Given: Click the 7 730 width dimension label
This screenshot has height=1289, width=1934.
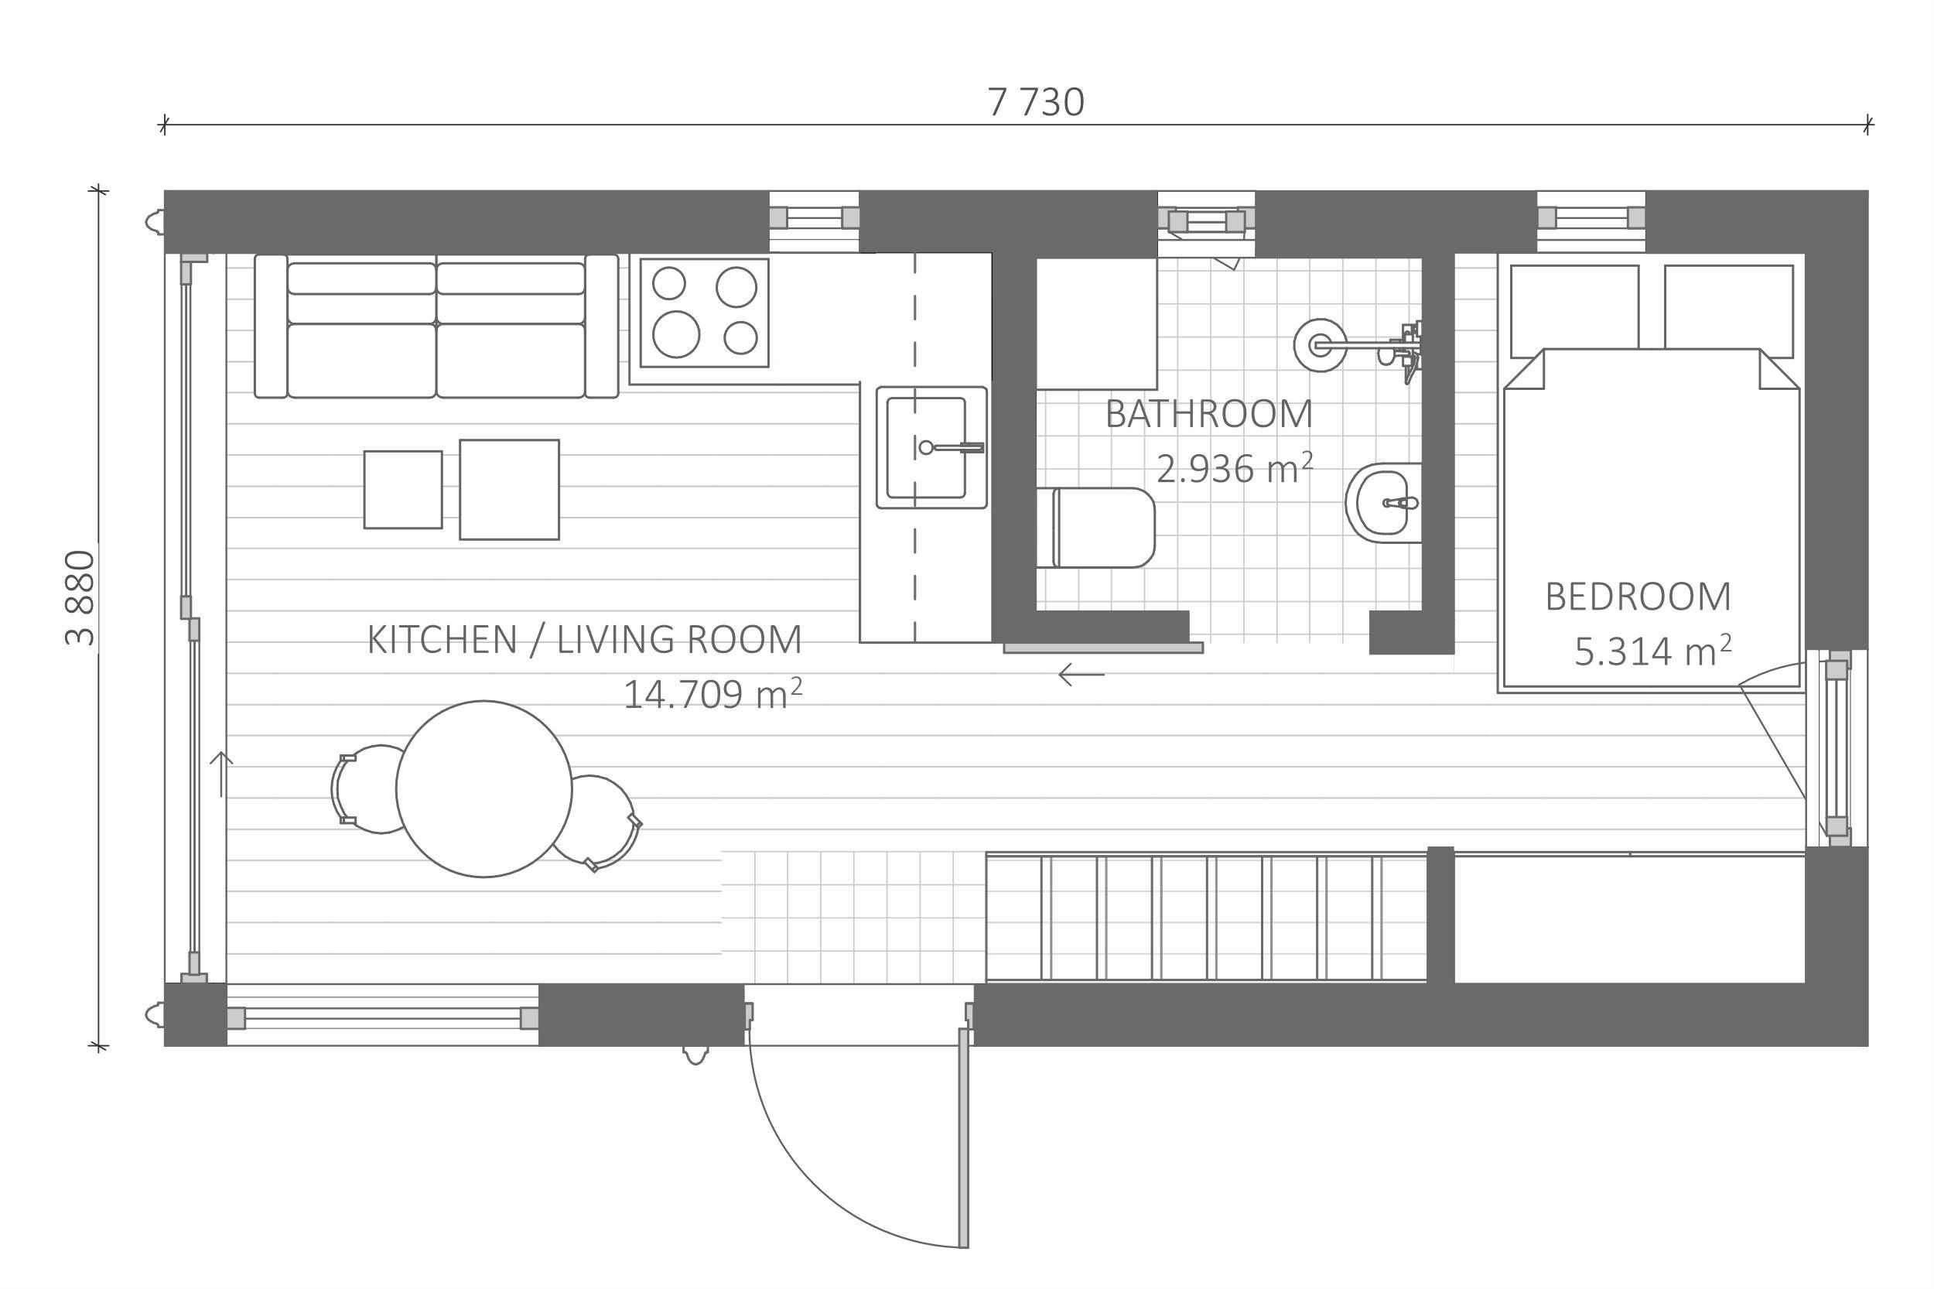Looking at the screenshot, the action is point(1035,103).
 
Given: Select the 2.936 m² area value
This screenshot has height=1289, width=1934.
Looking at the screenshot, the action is point(1235,468).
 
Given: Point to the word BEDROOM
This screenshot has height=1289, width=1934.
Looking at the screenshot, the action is point(1637,597).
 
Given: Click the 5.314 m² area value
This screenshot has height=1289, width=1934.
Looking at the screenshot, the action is point(1653,650).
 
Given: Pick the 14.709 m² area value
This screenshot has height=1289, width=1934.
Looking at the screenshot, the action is point(712,694).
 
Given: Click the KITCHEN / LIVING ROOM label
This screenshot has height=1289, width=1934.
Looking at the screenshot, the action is point(584,640).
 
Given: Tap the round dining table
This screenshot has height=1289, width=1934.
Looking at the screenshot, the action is point(483,788).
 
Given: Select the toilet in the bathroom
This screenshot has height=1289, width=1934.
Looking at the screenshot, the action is point(1095,528).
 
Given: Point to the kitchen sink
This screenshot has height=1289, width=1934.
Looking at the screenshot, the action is point(931,447).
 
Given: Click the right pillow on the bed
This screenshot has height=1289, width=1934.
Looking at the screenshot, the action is point(1728,311).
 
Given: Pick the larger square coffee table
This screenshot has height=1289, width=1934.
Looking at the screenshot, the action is point(509,489).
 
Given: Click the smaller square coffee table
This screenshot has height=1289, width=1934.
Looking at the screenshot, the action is point(403,489).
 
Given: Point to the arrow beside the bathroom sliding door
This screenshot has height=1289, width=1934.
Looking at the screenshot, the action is point(1081,675).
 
